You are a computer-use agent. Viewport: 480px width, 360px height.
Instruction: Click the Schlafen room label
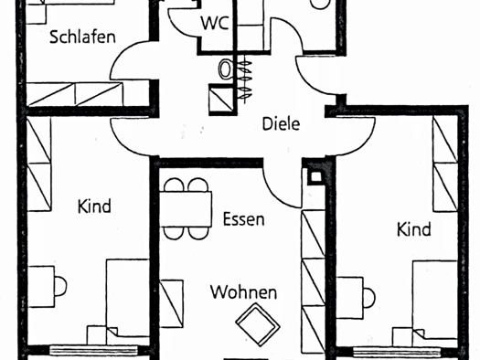(x=82, y=37)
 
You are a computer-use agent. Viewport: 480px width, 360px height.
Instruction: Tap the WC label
(x=215, y=23)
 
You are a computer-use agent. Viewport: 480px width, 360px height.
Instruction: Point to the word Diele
(x=281, y=124)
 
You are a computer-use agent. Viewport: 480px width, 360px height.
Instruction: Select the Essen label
(x=243, y=219)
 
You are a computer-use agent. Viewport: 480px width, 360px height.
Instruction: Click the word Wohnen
(x=244, y=292)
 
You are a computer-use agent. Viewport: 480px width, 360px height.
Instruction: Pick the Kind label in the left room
(x=94, y=206)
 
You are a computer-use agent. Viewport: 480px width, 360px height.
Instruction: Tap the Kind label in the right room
(x=414, y=229)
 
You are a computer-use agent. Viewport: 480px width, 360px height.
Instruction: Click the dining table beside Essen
(x=186, y=209)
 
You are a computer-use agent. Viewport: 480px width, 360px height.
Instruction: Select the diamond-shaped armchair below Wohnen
(x=258, y=324)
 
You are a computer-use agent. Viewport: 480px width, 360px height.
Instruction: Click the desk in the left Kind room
(x=41, y=286)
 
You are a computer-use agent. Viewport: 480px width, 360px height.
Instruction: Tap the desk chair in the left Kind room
(x=60, y=286)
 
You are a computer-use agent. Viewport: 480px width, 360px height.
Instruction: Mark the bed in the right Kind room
(x=434, y=303)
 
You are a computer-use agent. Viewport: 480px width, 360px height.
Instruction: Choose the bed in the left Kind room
(x=128, y=302)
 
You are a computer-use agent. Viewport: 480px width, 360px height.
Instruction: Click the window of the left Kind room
(x=93, y=350)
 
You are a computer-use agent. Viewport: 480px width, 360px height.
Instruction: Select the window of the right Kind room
(x=397, y=352)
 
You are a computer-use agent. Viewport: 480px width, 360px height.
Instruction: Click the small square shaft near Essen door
(x=315, y=176)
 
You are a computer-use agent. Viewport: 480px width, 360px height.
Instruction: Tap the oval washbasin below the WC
(x=225, y=69)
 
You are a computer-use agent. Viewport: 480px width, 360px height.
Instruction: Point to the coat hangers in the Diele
(x=245, y=79)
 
